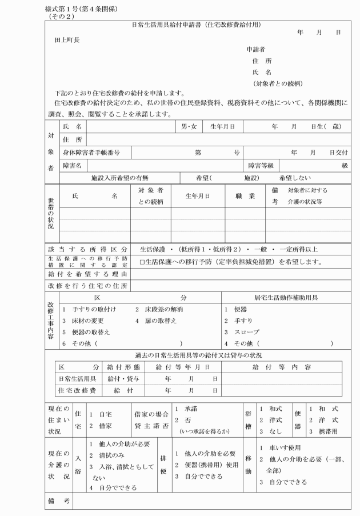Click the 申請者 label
click(256, 50)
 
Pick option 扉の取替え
click(161, 321)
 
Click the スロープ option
click(242, 332)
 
